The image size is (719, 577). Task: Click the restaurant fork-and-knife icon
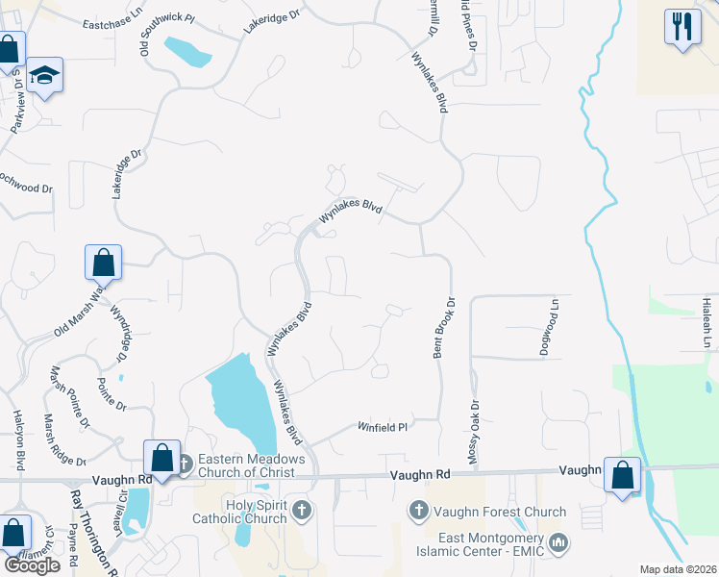tap(682, 26)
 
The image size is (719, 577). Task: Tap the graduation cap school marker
tap(43, 74)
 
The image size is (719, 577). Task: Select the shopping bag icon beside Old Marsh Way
tap(103, 262)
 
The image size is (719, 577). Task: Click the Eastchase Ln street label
tap(112, 24)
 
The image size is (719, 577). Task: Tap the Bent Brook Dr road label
tap(438, 329)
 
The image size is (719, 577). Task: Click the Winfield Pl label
tap(384, 426)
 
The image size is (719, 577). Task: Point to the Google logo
tap(32, 565)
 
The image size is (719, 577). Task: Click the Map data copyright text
tap(678, 569)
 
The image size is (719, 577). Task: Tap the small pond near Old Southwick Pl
tap(187, 51)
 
